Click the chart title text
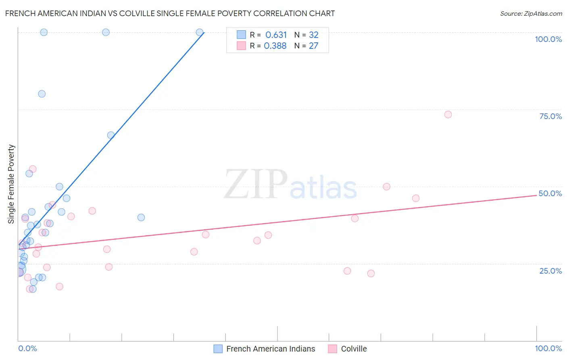[x=170, y=13]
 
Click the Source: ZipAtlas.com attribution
[x=531, y=13]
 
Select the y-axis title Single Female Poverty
[x=11, y=184]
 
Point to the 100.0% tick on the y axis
[x=548, y=39]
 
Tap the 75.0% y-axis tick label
[x=550, y=116]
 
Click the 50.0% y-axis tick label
[x=550, y=193]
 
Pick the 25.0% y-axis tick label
[x=550, y=271]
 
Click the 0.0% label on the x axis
[x=27, y=348]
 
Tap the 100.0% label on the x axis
[x=548, y=348]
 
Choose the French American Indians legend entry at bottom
[x=265, y=349]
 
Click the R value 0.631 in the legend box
[x=276, y=35]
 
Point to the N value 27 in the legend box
[x=313, y=46]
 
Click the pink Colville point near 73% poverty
[x=448, y=115]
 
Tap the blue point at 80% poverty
[x=42, y=94]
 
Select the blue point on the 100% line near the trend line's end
[x=199, y=32]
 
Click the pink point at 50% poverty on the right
[x=386, y=186]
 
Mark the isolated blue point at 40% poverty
[x=141, y=218]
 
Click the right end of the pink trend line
[x=536, y=195]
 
